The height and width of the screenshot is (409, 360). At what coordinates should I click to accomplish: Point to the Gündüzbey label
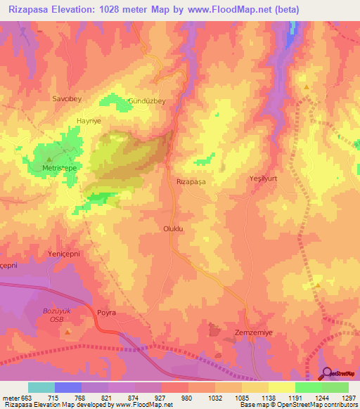coord(146,101)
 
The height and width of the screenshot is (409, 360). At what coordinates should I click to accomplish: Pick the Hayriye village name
coord(89,121)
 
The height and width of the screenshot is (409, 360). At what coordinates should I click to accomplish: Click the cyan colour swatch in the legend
coord(41,387)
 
